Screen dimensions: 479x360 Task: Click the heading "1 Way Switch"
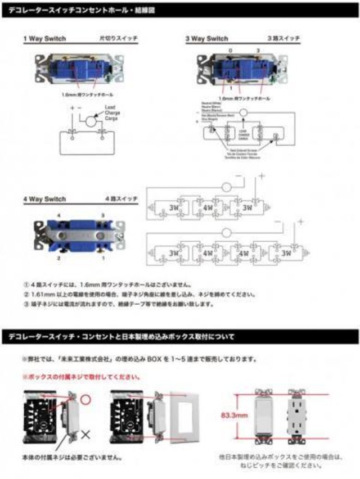[44, 39]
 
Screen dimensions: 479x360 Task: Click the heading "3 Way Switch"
[207, 39]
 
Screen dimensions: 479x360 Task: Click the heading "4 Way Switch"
[44, 199]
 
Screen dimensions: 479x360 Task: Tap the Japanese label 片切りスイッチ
[118, 39]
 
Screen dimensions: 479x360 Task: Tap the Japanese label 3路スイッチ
[284, 39]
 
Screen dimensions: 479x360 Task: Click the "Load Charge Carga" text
[112, 115]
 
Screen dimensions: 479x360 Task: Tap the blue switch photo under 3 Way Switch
[240, 71]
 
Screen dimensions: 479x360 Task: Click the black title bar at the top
[180, 9]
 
